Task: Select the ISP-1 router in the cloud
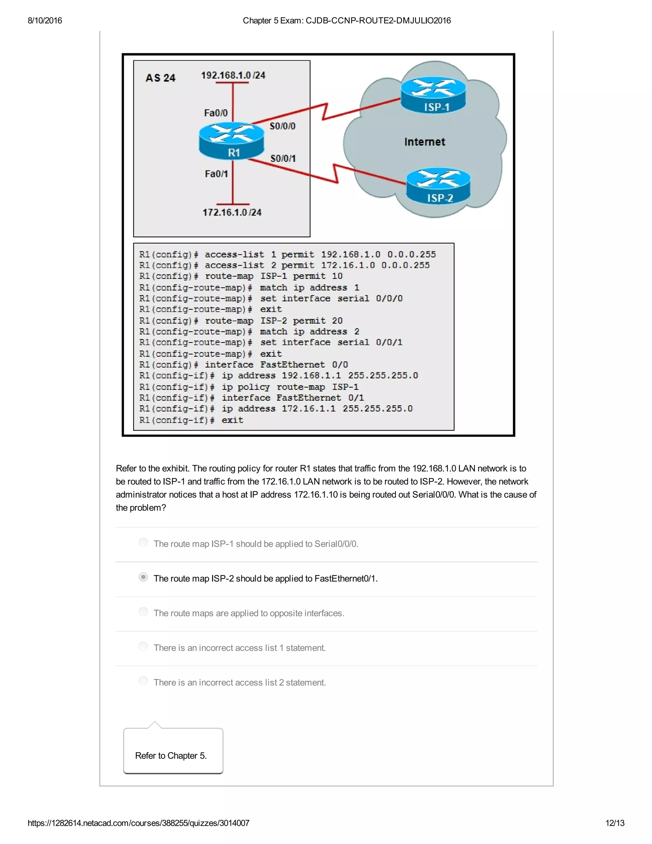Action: tap(433, 95)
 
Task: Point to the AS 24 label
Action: tap(160, 78)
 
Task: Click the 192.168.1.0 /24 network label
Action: tap(233, 75)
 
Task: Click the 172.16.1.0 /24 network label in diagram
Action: tap(232, 212)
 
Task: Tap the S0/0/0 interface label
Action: tap(282, 126)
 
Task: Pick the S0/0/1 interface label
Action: tap(283, 158)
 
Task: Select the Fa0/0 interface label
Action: tap(216, 113)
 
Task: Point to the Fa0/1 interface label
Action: tap(216, 174)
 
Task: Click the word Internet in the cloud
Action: tap(424, 142)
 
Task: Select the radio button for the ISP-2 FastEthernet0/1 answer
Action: tap(143, 577)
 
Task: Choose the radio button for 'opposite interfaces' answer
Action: tap(143, 612)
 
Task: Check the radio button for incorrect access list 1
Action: tap(143, 646)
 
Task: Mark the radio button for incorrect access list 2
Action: tap(143, 681)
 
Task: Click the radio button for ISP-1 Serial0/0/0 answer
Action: tap(143, 543)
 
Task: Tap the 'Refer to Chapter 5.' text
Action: tap(171, 755)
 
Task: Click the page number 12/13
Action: tap(614, 823)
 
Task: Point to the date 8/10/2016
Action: tap(45, 20)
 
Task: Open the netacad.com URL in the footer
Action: tap(138, 823)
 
